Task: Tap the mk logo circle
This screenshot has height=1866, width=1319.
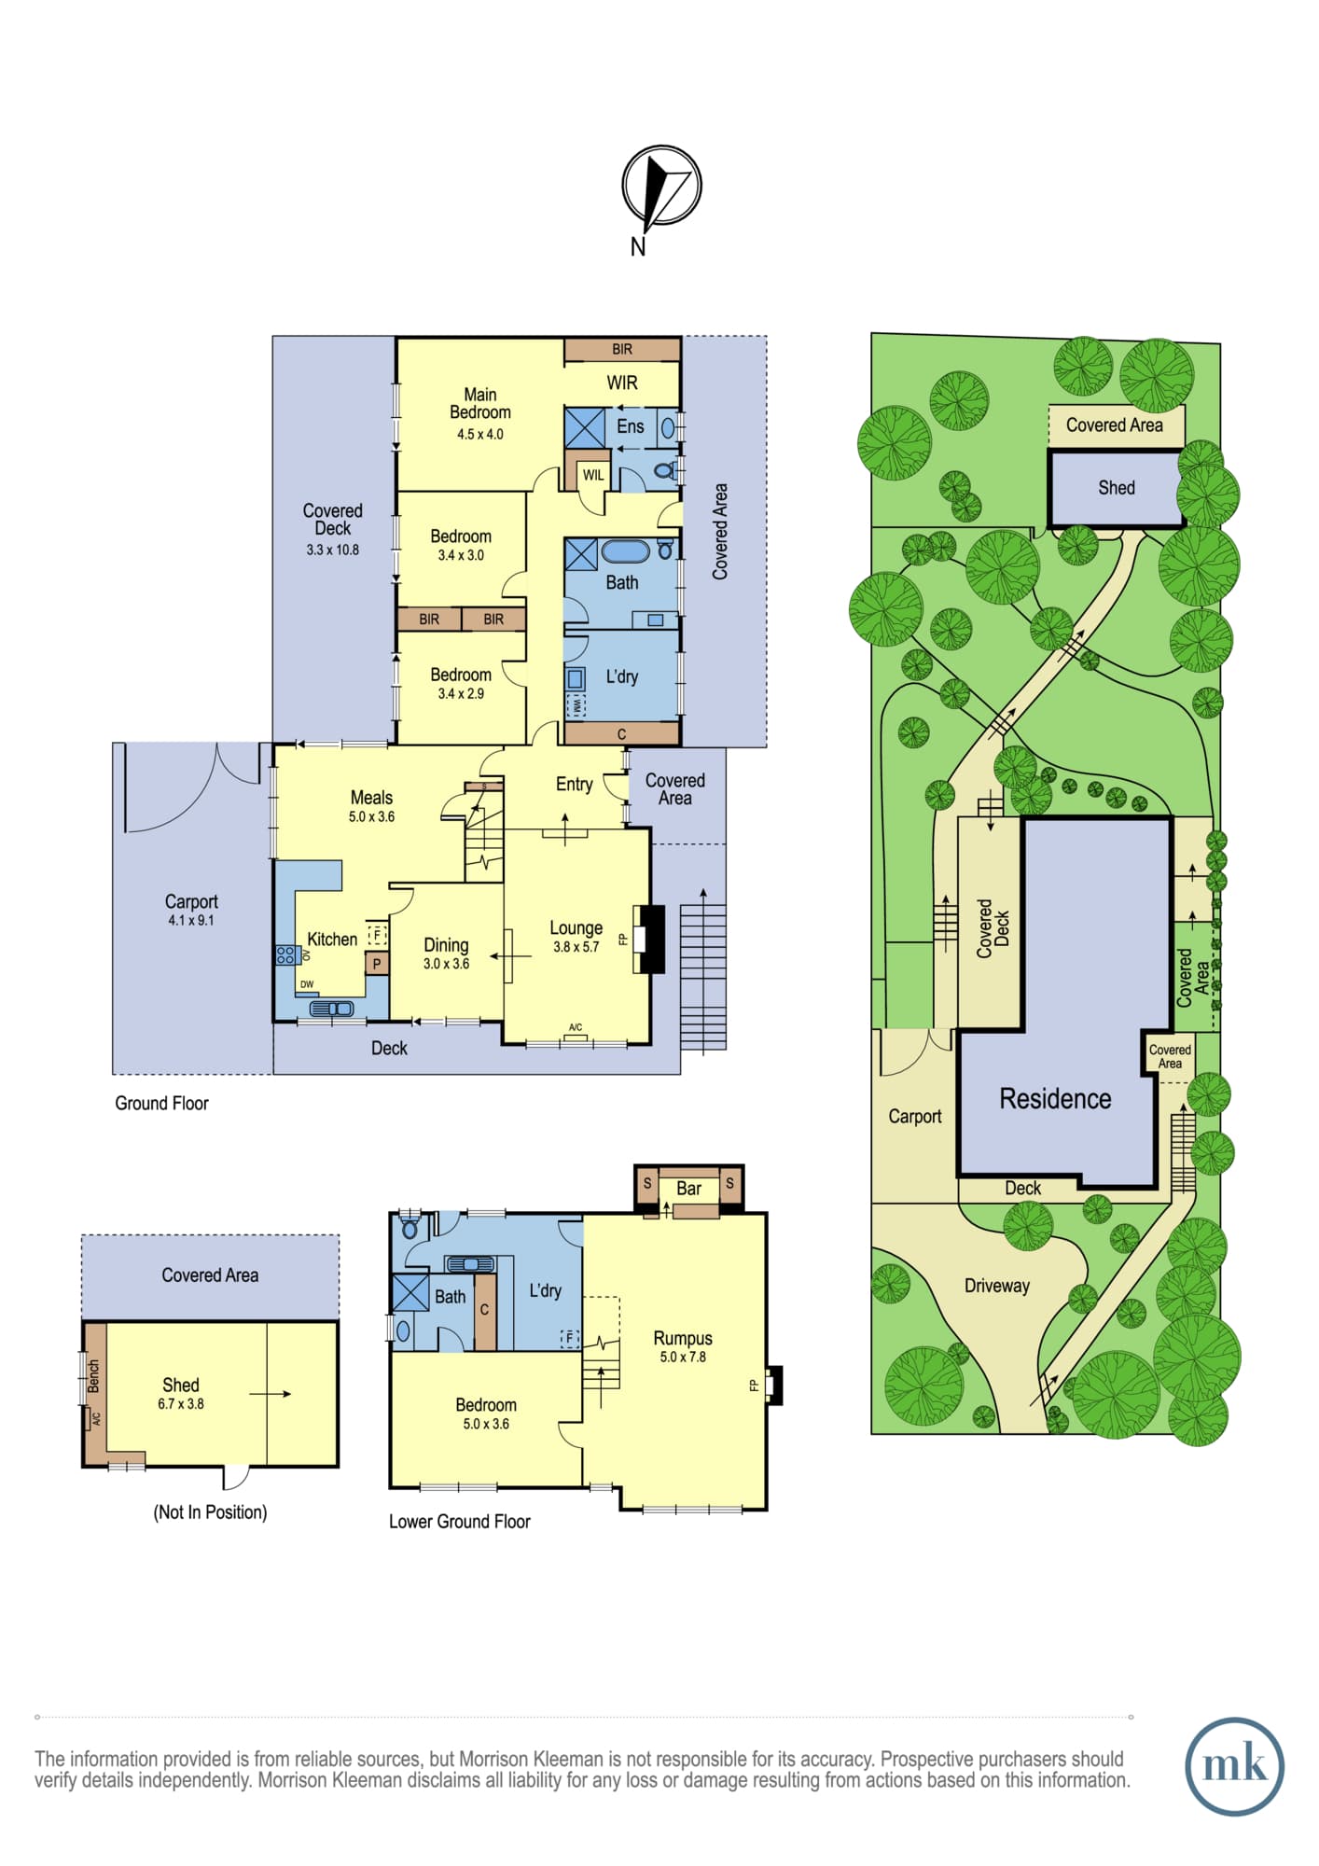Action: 1234,1766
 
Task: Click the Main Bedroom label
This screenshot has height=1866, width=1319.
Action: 480,403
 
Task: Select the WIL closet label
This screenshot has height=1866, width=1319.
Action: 593,475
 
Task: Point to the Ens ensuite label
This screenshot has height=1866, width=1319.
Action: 631,426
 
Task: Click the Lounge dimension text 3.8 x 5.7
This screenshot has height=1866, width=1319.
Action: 576,947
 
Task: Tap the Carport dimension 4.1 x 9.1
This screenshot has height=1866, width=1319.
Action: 191,920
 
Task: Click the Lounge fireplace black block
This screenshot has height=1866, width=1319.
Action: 651,940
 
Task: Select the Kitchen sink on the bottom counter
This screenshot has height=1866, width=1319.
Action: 332,1009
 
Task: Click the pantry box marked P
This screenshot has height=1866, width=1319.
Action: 377,964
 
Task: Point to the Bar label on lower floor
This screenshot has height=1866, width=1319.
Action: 688,1189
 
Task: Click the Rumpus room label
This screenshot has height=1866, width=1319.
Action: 683,1338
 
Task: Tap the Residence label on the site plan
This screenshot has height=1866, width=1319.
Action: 1055,1099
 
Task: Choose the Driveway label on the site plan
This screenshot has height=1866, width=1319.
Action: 997,1286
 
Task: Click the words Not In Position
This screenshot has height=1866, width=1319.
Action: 210,1512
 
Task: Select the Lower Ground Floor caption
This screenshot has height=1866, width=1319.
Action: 460,1522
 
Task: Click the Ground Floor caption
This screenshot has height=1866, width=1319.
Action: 161,1103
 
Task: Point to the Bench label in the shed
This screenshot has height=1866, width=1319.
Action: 94,1376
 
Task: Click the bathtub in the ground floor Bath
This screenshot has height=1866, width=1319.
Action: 625,551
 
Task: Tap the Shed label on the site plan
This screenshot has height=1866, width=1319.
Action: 1117,488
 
